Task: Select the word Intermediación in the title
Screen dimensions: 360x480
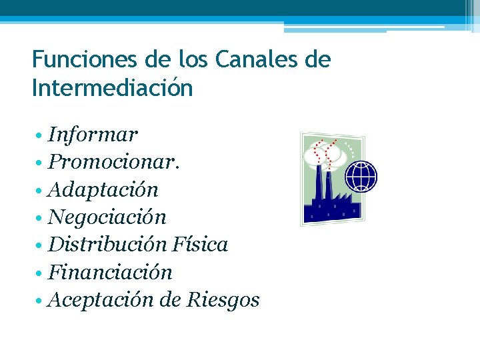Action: [112, 88]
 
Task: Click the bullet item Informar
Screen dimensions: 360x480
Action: [93, 135]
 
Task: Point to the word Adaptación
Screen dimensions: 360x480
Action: [103, 190]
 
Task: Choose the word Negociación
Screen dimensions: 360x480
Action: [107, 217]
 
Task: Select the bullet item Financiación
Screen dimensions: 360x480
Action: [110, 272]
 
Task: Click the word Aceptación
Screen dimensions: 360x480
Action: [102, 300]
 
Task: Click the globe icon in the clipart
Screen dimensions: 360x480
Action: [362, 176]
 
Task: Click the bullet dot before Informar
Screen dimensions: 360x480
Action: [41, 136]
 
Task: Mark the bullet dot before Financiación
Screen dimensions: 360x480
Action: [41, 273]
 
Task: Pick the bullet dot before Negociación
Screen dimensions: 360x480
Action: [41, 218]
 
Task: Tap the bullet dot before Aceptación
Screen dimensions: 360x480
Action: [41, 301]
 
